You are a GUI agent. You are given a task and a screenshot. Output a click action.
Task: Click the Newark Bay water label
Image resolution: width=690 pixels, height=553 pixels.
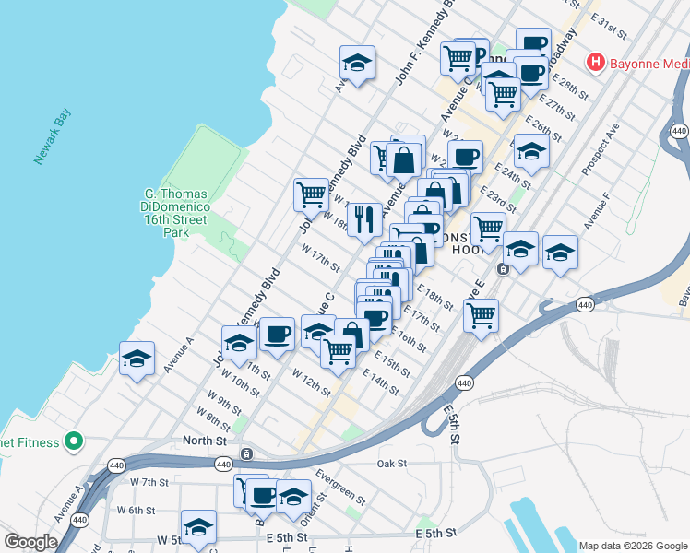pos(54,136)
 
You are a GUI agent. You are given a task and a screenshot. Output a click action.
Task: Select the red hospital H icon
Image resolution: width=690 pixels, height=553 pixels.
pos(596,62)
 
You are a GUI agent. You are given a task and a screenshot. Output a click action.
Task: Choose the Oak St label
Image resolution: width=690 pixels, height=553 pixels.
pos(392,464)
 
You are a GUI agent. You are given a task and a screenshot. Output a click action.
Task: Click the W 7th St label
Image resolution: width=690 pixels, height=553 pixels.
pos(149,482)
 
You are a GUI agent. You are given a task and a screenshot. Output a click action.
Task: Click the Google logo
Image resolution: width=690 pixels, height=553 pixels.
pos(30,542)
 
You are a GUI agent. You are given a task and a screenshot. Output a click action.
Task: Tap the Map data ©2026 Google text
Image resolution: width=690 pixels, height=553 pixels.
pos(633,546)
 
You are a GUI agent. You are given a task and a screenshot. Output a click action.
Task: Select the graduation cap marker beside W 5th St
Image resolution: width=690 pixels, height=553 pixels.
pos(198,527)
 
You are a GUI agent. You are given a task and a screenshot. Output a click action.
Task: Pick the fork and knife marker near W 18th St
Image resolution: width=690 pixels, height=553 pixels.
pos(365,219)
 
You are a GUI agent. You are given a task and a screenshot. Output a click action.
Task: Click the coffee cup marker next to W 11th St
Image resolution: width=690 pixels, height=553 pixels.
pos(277,335)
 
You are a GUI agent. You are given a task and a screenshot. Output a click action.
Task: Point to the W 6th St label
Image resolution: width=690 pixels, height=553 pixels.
pos(136,511)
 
